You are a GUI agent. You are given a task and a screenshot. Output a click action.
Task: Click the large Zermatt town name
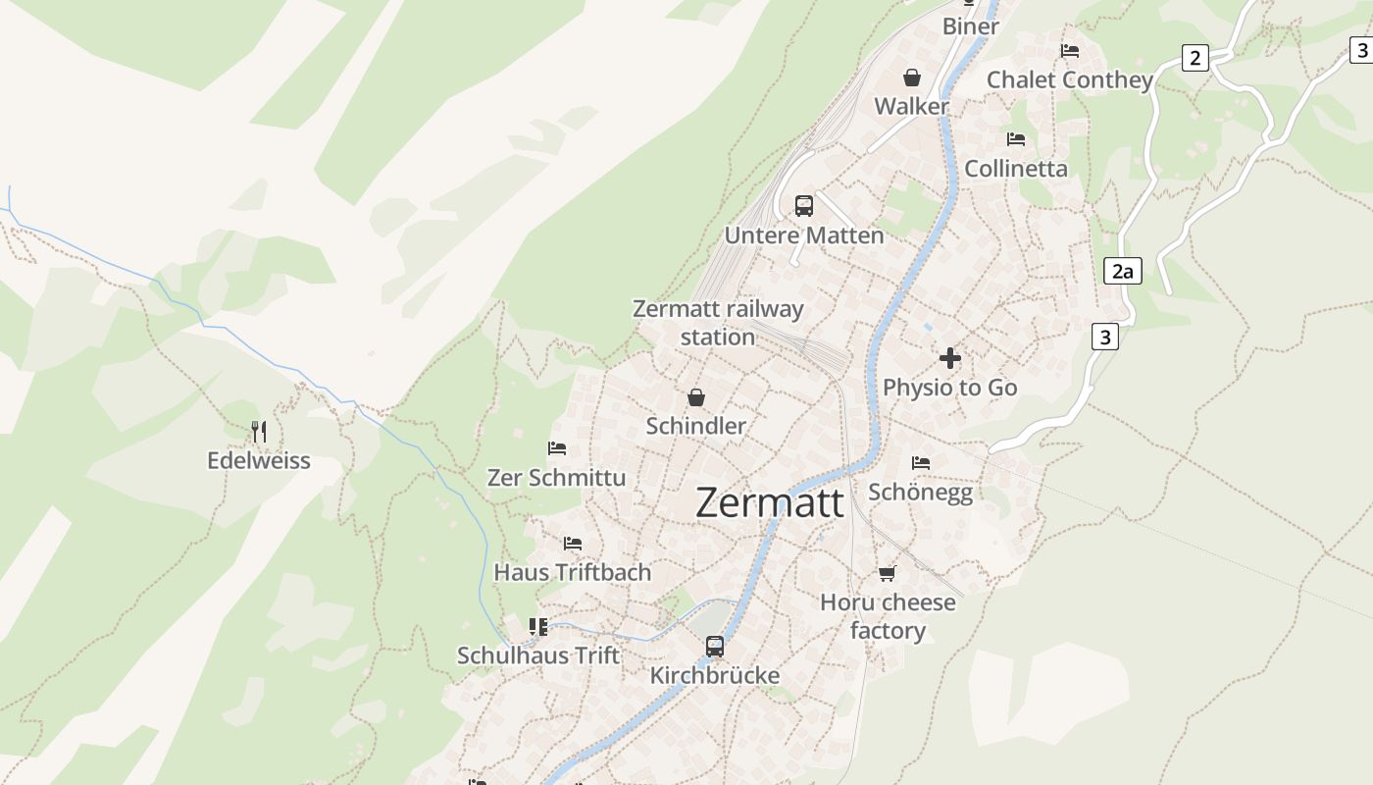click(770, 503)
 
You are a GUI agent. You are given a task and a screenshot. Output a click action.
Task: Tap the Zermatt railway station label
click(718, 323)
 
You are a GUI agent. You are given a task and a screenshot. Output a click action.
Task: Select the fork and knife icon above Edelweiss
click(259, 431)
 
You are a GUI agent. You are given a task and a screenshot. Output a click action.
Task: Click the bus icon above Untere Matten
click(804, 206)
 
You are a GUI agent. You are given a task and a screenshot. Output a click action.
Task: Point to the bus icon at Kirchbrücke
click(715, 646)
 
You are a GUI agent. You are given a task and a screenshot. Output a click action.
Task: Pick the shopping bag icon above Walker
click(912, 77)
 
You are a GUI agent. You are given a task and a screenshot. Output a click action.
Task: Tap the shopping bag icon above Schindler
click(696, 397)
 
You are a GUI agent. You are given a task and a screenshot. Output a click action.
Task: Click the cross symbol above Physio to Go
click(949, 358)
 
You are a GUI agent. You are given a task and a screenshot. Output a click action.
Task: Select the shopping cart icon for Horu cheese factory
click(888, 573)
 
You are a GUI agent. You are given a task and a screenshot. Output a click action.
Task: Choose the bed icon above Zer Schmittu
click(557, 448)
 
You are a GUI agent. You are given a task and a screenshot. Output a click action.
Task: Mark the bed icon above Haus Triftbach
click(573, 543)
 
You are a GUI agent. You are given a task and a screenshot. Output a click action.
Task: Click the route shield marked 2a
click(1122, 271)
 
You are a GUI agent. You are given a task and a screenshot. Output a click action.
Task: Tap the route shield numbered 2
click(1195, 58)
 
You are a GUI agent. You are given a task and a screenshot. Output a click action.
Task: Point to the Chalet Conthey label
click(1069, 80)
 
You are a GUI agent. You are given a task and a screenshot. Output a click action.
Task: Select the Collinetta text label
click(1016, 169)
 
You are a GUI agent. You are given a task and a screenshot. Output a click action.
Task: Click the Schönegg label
click(920, 492)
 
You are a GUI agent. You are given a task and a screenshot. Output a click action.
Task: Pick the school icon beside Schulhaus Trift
click(537, 626)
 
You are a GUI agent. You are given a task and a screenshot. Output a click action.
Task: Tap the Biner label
click(971, 26)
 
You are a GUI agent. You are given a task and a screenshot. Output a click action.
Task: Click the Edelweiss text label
click(259, 460)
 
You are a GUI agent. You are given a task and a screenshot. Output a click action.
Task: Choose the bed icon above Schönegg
click(920, 462)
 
